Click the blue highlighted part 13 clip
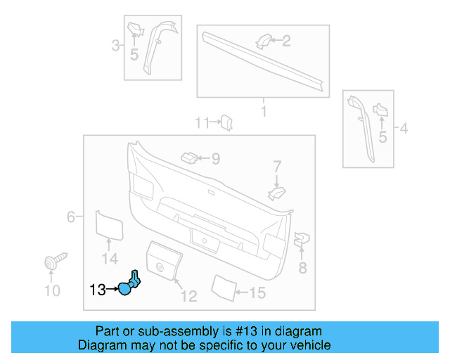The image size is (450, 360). tap(129, 284)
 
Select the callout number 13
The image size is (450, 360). tap(97, 288)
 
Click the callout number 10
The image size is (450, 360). tap(52, 290)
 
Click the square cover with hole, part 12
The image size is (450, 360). tap(163, 262)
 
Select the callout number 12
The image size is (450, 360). tap(188, 296)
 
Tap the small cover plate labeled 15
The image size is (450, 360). tap(223, 286)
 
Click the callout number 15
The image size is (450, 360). tap(257, 292)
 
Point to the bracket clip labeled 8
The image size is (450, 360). tap(300, 240)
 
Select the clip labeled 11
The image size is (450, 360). tap(226, 123)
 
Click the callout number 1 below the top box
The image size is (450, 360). tap(264, 112)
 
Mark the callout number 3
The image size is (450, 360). tap(115, 46)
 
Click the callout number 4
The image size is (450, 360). tap(403, 129)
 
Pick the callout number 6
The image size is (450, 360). tap(70, 217)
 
